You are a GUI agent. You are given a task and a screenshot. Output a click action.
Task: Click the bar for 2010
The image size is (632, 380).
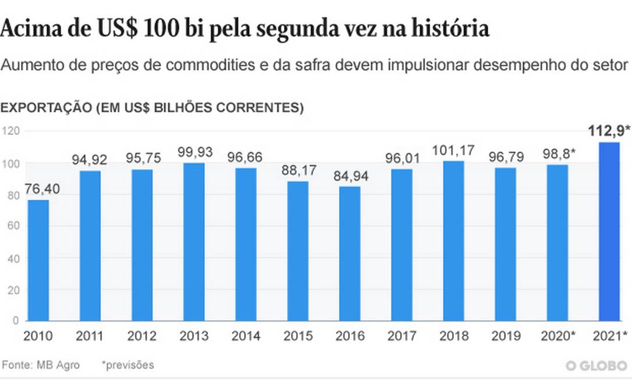(38, 260)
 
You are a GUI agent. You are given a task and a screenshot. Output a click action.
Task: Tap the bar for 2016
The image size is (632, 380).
(350, 254)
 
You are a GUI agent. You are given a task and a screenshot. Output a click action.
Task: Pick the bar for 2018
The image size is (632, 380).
(453, 240)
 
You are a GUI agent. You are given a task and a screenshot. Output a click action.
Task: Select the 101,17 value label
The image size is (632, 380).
(453, 150)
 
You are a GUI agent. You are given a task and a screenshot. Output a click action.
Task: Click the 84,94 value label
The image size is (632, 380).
(350, 175)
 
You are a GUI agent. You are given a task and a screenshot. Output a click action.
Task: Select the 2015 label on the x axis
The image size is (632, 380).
(298, 336)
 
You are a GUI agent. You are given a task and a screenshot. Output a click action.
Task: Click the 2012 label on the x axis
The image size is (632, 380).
(142, 336)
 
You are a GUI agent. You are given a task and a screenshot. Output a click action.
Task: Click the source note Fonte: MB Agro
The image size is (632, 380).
(41, 365)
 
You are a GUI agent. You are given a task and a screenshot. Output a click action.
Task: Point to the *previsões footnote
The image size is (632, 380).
(127, 365)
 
